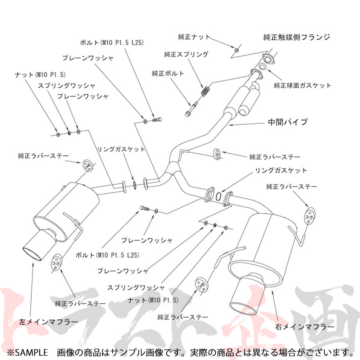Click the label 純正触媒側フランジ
tap(296, 37)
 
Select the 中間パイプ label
tap(287, 122)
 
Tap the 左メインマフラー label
tap(49, 322)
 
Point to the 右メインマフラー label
tap(305, 327)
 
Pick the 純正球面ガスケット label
tap(302, 85)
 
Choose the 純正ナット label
tap(194, 37)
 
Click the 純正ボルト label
tap(168, 73)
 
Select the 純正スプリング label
tap(186, 54)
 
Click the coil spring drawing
tap(205, 90)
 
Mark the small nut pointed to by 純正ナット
tap(237, 50)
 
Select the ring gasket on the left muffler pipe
tap(134, 185)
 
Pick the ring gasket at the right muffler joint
tap(219, 196)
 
